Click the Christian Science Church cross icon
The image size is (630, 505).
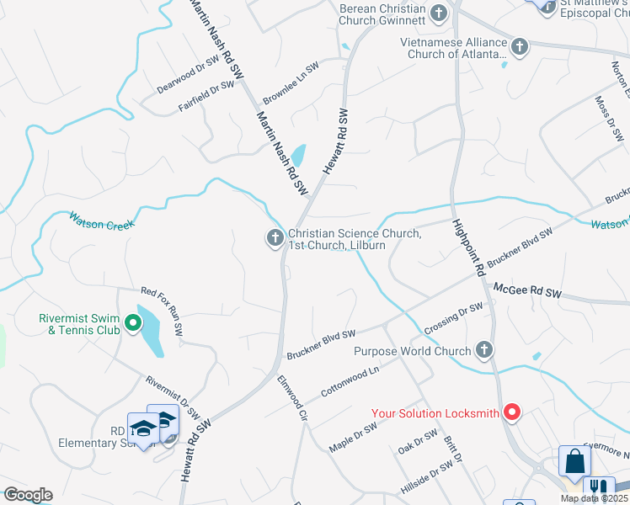tap(275, 239)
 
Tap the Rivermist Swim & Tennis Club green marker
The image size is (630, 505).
tap(132, 323)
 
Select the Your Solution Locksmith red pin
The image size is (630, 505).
tap(511, 412)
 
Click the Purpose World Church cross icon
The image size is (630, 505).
tap(483, 349)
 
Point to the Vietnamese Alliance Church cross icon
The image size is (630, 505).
tap(520, 46)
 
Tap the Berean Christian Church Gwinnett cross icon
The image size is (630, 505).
tap(438, 13)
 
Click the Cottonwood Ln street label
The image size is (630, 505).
tap(350, 381)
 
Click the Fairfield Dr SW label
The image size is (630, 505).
tap(206, 97)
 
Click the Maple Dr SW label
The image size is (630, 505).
tap(353, 438)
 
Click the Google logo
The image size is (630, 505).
tap(28, 494)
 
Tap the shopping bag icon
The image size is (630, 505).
tap(574, 462)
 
